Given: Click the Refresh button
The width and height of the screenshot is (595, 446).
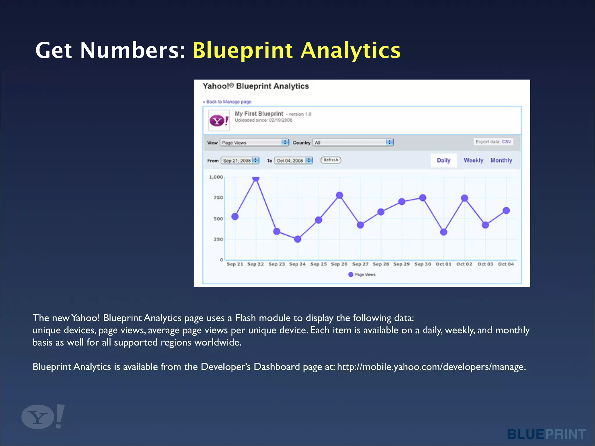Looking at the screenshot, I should click(x=331, y=160).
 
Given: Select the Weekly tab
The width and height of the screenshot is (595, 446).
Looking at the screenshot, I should click(x=473, y=160).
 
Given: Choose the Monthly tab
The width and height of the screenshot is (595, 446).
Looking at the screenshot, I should click(x=501, y=160).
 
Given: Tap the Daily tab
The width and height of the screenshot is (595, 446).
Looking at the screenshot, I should click(x=443, y=160).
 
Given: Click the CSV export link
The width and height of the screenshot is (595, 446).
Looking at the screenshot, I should click(x=506, y=142).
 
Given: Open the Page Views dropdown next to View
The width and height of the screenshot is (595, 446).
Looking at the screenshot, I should click(x=254, y=143).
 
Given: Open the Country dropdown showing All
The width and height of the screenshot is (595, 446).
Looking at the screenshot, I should click(x=353, y=143).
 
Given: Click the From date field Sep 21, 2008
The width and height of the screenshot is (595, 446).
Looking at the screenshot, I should click(x=240, y=161).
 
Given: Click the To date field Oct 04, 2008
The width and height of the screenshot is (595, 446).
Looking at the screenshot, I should click(x=293, y=161).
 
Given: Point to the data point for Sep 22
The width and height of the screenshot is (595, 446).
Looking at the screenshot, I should click(x=256, y=178).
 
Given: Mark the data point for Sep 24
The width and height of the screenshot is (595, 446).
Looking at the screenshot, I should click(x=297, y=239).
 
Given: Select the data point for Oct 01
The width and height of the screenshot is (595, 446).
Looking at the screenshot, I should click(x=443, y=232).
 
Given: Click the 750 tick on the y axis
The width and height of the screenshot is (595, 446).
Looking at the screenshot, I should click(x=218, y=198).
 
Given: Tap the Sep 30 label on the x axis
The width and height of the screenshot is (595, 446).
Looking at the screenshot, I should click(x=422, y=264).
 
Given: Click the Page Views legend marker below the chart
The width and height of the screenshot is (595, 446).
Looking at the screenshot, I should click(x=351, y=274).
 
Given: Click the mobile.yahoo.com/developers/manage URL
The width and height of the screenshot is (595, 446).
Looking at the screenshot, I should click(x=430, y=367).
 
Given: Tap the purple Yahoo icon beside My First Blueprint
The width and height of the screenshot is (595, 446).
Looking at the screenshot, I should click(x=219, y=121).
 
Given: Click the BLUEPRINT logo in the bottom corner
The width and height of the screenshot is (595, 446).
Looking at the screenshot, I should click(x=546, y=434).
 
